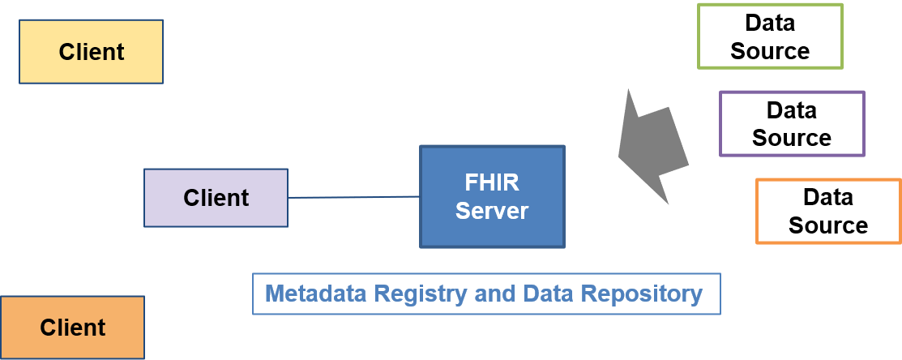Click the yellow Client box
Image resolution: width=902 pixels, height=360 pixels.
click(x=91, y=52)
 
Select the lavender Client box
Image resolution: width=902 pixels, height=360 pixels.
click(x=216, y=197)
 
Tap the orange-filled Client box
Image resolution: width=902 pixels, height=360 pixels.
click(x=72, y=328)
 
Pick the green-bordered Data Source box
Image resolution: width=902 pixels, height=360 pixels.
click(x=770, y=36)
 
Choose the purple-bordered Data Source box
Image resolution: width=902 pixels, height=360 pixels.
click(x=792, y=123)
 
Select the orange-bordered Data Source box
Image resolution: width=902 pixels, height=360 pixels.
click(x=828, y=211)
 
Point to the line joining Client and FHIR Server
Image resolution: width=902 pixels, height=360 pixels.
click(x=353, y=197)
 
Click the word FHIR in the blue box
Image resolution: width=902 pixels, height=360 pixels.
click(x=491, y=182)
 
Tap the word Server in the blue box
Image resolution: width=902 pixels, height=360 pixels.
click(x=491, y=212)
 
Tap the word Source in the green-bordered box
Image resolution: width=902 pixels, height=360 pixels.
click(x=770, y=51)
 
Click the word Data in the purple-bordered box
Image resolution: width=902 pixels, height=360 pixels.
click(x=792, y=109)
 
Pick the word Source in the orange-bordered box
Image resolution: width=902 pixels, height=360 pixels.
click(x=828, y=225)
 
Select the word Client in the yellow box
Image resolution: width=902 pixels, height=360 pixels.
click(x=91, y=52)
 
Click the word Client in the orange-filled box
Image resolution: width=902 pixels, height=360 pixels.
click(x=72, y=328)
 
